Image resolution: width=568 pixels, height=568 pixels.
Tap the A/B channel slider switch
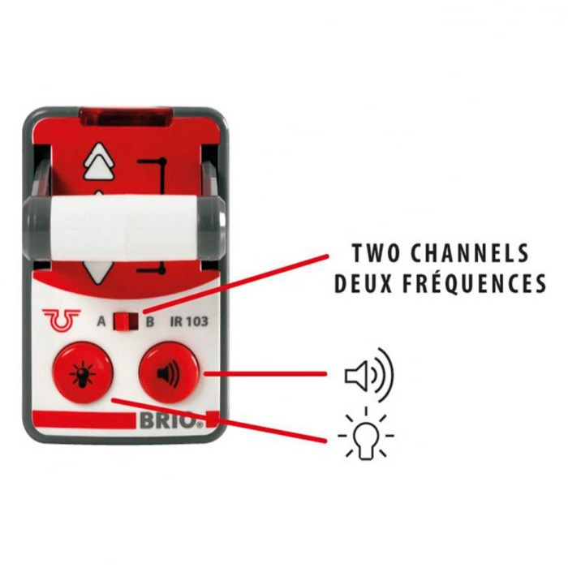point(123,321)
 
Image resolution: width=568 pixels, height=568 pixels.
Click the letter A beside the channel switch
point(101,321)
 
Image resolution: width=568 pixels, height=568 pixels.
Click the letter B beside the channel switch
point(149,321)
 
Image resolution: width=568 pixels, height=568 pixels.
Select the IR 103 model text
point(189,321)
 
